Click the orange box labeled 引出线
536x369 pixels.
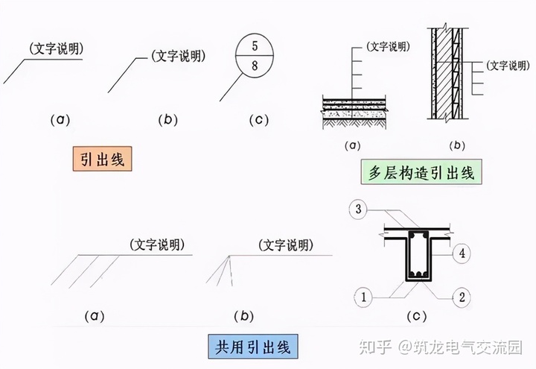103,160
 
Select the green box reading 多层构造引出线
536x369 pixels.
421,172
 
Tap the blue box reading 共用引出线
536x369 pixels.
250,345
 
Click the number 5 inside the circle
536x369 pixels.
255,46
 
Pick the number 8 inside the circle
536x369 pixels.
255,66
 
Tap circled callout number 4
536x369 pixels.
462,253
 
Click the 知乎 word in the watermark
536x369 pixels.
374,347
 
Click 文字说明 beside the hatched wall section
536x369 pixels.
506,65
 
